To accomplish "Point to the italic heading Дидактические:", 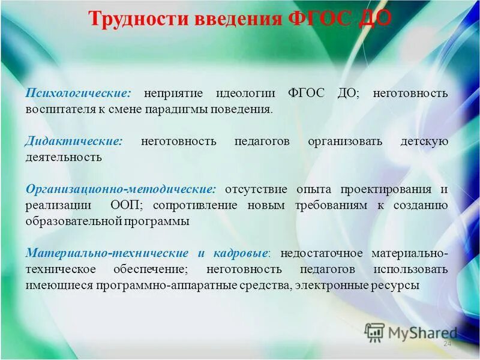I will click(74, 142).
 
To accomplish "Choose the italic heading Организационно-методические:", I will click(121, 189).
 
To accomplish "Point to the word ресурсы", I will click(397, 285).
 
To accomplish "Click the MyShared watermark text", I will click(422, 332).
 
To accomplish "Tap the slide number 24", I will click(446, 344).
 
